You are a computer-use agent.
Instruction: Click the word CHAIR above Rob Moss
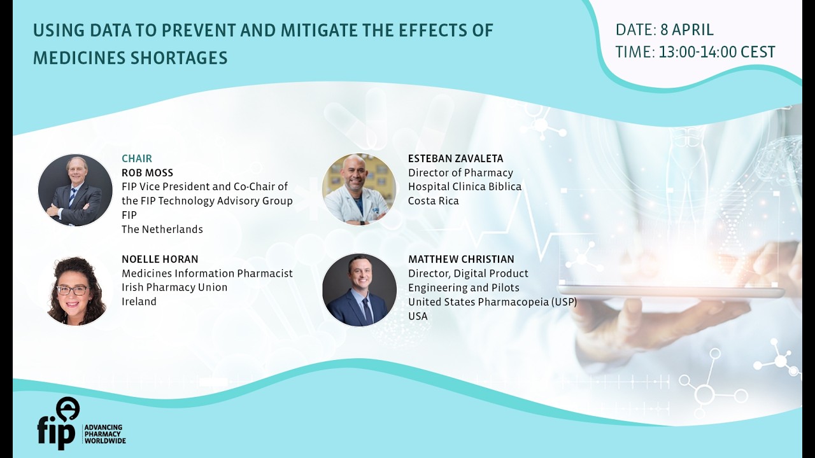tap(137, 158)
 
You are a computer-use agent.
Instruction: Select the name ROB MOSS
tap(147, 172)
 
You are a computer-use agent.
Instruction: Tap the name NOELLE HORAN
tap(160, 259)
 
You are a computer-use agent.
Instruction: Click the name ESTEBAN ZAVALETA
tap(455, 158)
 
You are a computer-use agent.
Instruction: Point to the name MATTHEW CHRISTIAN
tap(461, 259)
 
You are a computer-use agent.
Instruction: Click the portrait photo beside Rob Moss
tap(75, 190)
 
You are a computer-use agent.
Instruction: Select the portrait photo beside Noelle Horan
tap(75, 291)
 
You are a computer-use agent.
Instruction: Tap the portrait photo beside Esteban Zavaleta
tap(359, 190)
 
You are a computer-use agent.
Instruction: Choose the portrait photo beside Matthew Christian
tap(359, 290)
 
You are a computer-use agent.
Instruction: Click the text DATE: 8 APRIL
tap(664, 30)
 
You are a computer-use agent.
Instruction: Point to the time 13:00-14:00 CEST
tap(717, 52)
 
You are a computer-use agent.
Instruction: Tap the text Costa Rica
tap(433, 201)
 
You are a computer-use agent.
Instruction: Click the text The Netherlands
tap(162, 229)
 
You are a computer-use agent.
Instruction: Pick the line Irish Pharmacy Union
tap(174, 287)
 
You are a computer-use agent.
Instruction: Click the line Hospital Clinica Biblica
tap(464, 186)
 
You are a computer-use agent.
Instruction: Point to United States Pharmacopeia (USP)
tap(492, 302)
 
